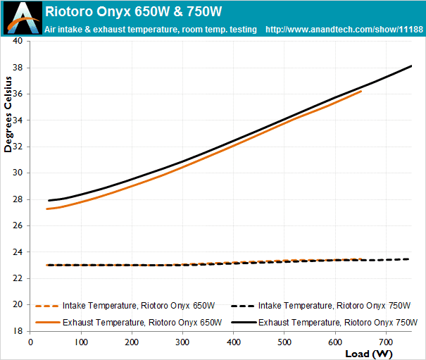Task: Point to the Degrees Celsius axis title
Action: [x=9, y=114]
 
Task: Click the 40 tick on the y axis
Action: [x=18, y=41]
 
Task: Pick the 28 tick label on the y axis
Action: [x=18, y=199]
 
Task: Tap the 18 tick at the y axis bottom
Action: [x=18, y=331]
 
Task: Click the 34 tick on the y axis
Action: [x=18, y=120]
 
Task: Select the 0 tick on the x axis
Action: [x=30, y=342]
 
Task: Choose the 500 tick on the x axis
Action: [x=284, y=342]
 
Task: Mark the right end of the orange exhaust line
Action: [x=361, y=91]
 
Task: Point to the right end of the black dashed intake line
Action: [x=408, y=259]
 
